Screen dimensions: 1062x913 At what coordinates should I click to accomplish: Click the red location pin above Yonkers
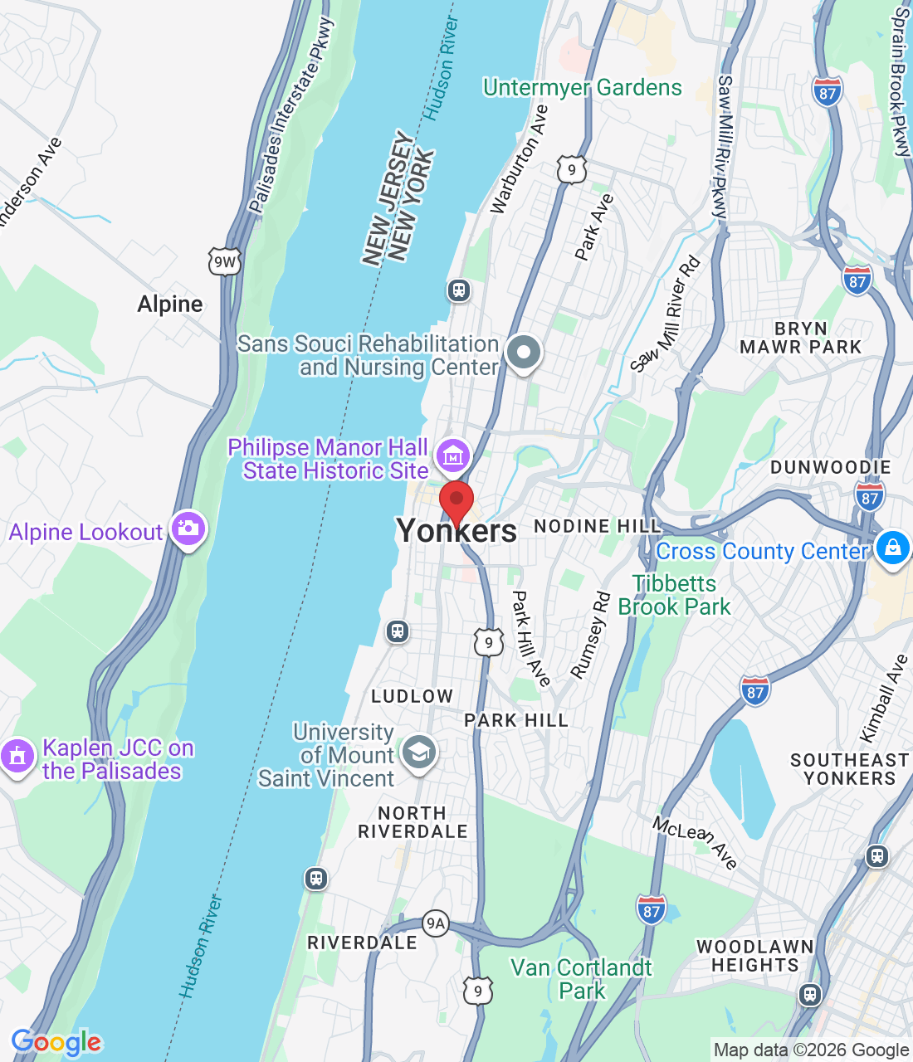coord(456,501)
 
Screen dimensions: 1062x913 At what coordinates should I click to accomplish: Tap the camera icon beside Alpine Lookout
coord(188,529)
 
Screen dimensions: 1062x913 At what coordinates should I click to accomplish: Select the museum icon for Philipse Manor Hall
coord(453,455)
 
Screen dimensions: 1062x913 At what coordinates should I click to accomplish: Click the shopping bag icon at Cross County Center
coord(892,548)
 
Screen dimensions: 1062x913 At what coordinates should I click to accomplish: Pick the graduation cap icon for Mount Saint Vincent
coord(418,753)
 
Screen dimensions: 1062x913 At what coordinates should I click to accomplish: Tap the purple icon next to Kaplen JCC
coord(17,757)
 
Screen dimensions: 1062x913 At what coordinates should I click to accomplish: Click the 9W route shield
coord(224,262)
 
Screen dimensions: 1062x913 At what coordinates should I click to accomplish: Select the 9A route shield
coord(435,923)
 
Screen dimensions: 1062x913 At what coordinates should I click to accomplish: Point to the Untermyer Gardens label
coord(582,87)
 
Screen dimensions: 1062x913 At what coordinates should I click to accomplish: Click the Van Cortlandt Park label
coord(581,979)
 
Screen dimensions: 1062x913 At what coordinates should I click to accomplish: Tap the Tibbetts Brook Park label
coord(674,595)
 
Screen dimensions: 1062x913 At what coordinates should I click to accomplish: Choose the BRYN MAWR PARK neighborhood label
coord(800,338)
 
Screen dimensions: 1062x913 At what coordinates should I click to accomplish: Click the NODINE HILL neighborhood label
coord(598,526)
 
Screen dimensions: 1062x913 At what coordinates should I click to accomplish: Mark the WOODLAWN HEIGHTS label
coord(755,956)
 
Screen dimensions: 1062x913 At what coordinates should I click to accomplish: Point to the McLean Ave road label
coord(695,842)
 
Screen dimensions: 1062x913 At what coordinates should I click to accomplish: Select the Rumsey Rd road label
coord(591,635)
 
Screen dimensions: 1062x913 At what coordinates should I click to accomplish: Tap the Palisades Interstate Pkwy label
coord(290,116)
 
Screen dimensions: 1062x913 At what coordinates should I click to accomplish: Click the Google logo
coord(56,1042)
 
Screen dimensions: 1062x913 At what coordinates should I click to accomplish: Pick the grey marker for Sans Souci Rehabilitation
coord(523,353)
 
